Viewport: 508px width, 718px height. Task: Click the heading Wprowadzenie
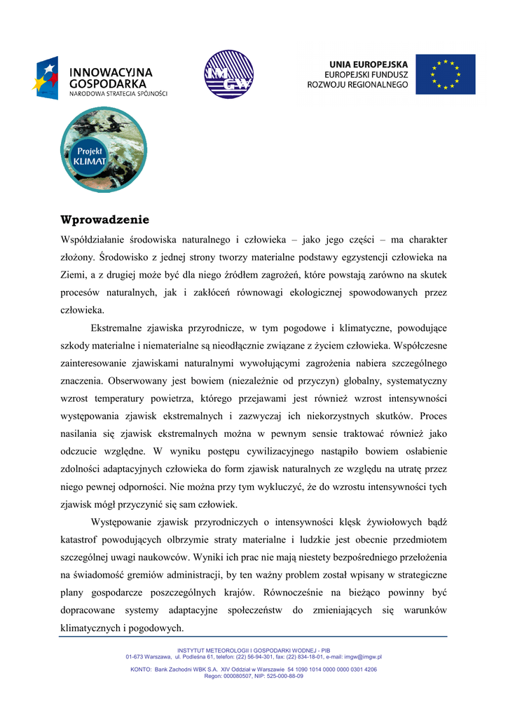click(104, 219)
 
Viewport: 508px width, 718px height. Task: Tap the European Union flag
click(445, 74)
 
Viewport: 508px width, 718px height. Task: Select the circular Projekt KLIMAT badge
click(104, 149)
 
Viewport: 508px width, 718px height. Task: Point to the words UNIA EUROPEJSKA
click(370, 62)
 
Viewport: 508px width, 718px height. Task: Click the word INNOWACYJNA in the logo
click(110, 72)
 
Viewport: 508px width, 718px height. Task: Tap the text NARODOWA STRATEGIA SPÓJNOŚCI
click(118, 93)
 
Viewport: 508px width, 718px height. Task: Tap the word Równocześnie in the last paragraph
click(294, 592)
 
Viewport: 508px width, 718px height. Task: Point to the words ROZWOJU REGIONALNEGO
click(357, 85)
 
